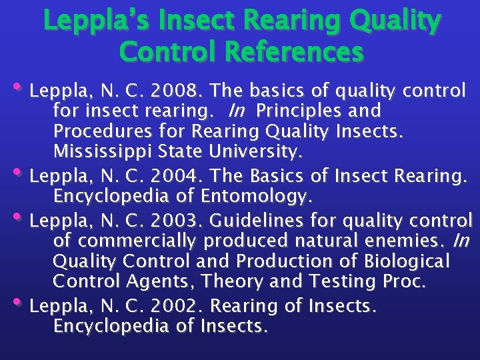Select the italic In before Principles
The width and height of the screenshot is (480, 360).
point(236,111)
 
